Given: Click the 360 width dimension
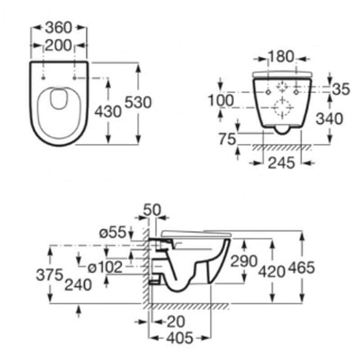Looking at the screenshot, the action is click(58, 28).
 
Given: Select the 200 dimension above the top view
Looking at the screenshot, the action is click(58, 45).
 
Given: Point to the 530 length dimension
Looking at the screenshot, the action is click(138, 103).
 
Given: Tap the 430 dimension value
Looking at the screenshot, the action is click(108, 112).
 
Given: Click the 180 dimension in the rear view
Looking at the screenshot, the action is click(281, 57).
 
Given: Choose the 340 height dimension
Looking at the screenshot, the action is click(329, 119).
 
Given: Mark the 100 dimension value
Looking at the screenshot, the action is click(220, 100).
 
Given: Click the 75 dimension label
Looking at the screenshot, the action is click(227, 139).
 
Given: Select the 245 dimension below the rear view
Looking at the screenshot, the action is click(281, 163).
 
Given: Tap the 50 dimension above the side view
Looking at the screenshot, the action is click(152, 210).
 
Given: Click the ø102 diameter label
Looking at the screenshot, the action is click(105, 267).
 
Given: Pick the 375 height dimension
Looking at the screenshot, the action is click(49, 274).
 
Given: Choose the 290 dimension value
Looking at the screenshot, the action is click(244, 261).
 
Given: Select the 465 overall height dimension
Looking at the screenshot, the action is click(301, 268).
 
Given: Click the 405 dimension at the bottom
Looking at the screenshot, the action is click(180, 338).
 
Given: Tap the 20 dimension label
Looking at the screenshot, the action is click(176, 321).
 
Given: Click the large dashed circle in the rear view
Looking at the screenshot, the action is click(283, 108).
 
